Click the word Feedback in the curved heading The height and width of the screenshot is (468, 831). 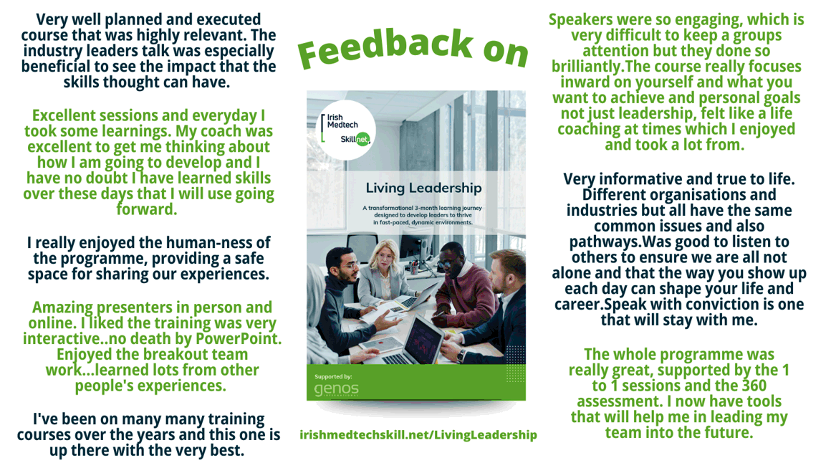click(385, 48)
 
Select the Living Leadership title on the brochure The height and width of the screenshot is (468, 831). click(423, 188)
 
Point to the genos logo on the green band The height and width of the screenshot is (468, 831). click(336, 390)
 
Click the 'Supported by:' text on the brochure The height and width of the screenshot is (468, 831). click(333, 377)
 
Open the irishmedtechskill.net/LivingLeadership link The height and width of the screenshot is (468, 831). click(418, 434)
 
